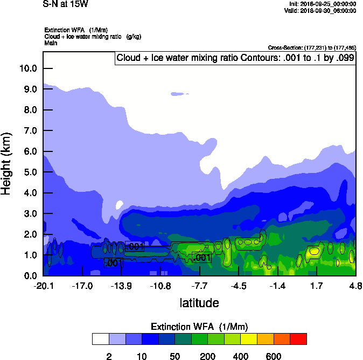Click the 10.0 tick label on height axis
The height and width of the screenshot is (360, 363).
click(x=28, y=68)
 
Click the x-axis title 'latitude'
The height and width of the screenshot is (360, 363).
click(x=199, y=303)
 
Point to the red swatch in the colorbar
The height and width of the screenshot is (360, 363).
click(x=298, y=339)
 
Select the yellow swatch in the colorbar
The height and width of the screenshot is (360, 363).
click(x=249, y=339)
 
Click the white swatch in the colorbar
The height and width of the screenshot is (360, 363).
click(x=100, y=339)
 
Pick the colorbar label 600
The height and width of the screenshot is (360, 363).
click(x=274, y=356)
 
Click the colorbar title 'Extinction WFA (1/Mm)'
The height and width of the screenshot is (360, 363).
click(x=199, y=327)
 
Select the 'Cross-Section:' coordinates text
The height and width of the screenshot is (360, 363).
click(x=311, y=48)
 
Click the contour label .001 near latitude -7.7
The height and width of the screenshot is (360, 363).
click(x=201, y=258)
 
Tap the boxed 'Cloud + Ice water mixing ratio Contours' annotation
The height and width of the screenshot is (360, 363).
click(x=235, y=58)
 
